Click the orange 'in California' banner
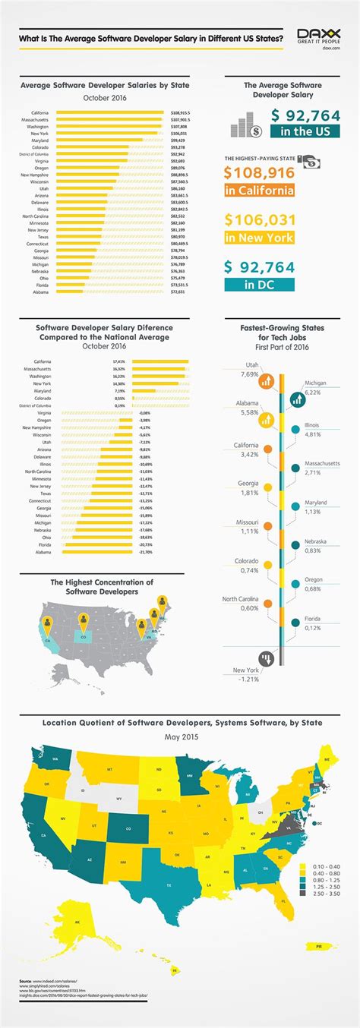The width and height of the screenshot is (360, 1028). point(260,190)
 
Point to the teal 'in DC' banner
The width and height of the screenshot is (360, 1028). point(261,285)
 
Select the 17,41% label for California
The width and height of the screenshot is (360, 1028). point(119,361)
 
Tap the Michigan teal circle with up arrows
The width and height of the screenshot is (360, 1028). point(295,397)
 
